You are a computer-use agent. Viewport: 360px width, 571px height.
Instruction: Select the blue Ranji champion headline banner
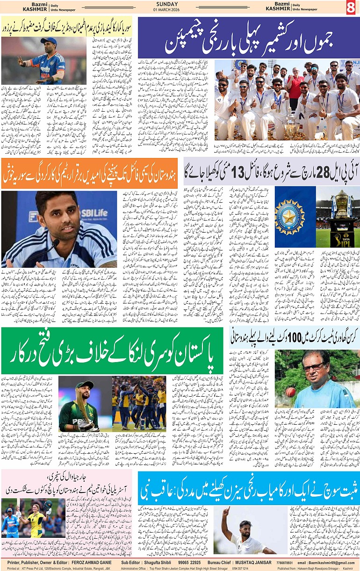pyautogui.click(x=249, y=37)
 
